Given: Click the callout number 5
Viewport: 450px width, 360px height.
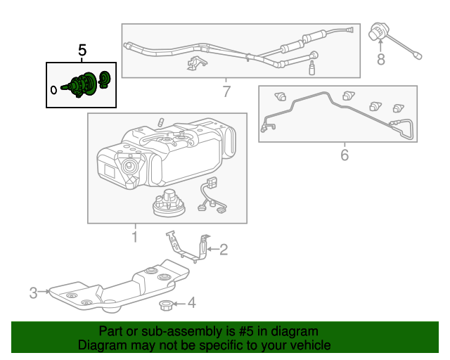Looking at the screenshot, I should pyautogui.click(x=82, y=50).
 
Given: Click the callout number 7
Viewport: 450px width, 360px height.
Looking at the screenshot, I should pyautogui.click(x=226, y=91).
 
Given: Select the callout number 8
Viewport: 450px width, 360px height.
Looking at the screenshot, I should pyautogui.click(x=380, y=60).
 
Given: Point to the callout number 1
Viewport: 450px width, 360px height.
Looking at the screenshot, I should pyautogui.click(x=134, y=237).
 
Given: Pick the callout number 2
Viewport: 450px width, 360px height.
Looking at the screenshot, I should pyautogui.click(x=224, y=249).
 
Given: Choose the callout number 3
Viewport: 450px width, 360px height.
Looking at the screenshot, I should pyautogui.click(x=33, y=292).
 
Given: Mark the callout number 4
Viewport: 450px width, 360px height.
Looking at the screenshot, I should pyautogui.click(x=192, y=304).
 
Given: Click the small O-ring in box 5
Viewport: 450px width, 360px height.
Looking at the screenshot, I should pyautogui.click(x=54, y=89).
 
